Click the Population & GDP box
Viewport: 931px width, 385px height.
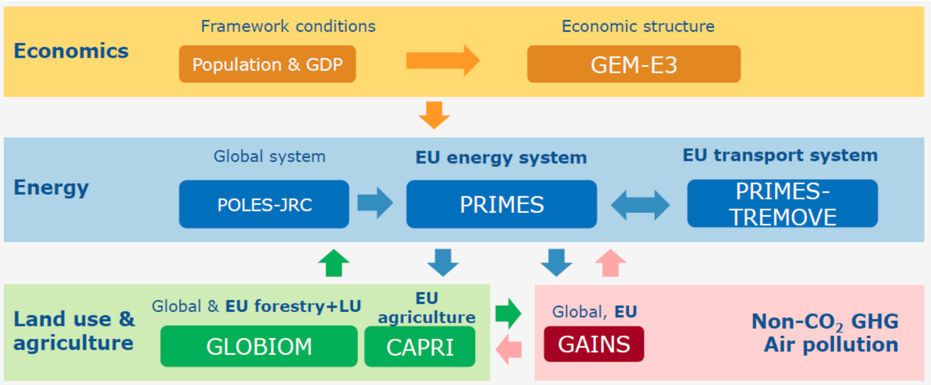[267, 64]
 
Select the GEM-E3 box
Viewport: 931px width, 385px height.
[633, 64]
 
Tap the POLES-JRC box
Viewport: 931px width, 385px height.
[264, 204]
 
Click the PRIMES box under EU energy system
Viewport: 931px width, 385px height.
[501, 204]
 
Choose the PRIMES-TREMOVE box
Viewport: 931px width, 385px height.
[782, 204]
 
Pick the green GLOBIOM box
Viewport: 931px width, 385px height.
[259, 346]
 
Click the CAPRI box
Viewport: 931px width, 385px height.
[420, 347]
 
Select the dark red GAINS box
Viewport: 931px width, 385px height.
[594, 344]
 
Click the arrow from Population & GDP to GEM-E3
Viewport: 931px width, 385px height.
[442, 60]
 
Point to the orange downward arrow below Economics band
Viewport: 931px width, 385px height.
[434, 115]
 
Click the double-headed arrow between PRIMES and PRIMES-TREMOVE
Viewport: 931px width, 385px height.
[640, 205]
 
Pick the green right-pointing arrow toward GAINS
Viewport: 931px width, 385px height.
[508, 313]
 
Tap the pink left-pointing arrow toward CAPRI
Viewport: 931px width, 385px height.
[509, 349]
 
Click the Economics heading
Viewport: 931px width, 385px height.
[71, 51]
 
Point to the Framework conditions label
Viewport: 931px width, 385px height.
[288, 26]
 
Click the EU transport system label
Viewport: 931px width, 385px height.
[780, 155]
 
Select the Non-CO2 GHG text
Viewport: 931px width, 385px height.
[824, 322]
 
